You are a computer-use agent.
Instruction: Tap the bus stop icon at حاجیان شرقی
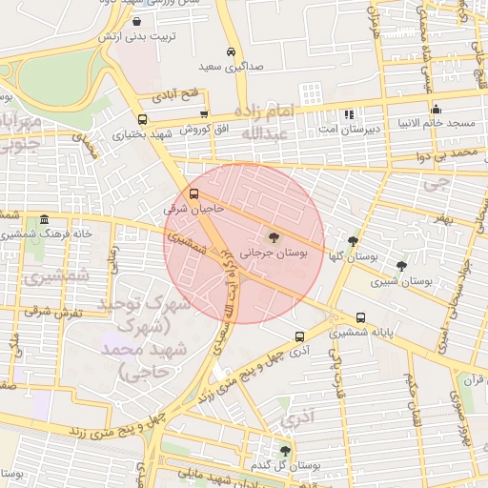point(195,193)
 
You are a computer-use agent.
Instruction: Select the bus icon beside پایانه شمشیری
point(359,318)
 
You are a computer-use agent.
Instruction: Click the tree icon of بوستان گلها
point(353,241)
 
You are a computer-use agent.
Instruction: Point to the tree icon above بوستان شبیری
point(400,266)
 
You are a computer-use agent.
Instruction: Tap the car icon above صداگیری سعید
point(231,51)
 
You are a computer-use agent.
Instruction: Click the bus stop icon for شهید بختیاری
point(143,120)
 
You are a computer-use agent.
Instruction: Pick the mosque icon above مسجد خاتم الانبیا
point(436,109)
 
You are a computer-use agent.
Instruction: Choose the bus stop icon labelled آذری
point(300,336)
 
